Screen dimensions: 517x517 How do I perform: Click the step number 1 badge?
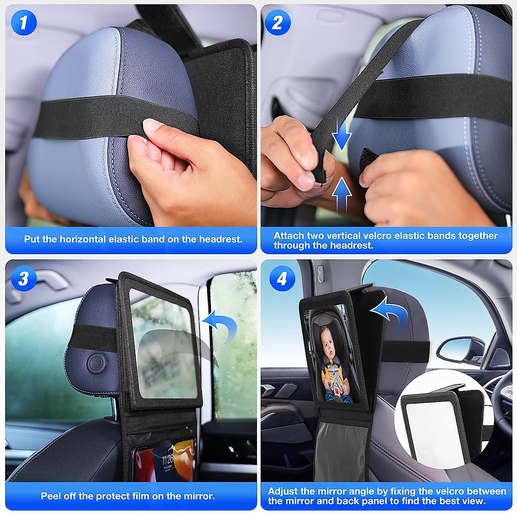24,22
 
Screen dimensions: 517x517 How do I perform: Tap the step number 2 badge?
277,22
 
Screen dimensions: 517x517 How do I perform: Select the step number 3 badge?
24,278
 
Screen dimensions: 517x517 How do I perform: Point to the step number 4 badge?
282,279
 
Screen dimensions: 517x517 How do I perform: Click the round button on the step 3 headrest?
96,364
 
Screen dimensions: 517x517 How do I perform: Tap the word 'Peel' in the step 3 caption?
51,496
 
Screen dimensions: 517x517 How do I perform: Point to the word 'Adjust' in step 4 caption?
283,491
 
